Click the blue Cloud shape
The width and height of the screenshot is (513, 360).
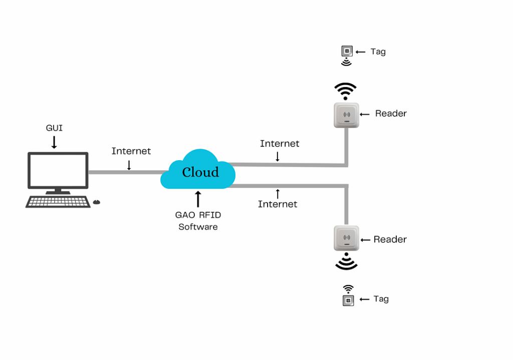pyautogui.click(x=198, y=170)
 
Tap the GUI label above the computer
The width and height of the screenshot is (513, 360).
pyautogui.click(x=54, y=128)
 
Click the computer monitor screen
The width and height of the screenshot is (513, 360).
pyautogui.click(x=58, y=170)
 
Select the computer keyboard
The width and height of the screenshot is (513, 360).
pyautogui.click(x=58, y=202)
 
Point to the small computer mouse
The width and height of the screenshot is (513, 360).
pyautogui.click(x=97, y=202)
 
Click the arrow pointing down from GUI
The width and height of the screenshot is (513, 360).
pyautogui.click(x=54, y=142)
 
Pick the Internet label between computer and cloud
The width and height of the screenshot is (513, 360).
pyautogui.click(x=131, y=151)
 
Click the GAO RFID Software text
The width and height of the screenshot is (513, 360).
pyautogui.click(x=198, y=221)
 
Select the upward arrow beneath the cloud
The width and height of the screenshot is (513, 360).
pyautogui.click(x=198, y=199)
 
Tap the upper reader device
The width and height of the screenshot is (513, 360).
pyautogui.click(x=346, y=115)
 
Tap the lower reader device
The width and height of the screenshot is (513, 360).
pyautogui.click(x=346, y=238)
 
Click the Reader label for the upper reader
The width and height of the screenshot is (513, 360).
pyautogui.click(x=391, y=114)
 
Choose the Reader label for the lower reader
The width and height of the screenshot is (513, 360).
pyautogui.click(x=390, y=239)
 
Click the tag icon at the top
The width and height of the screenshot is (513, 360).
pyautogui.click(x=346, y=51)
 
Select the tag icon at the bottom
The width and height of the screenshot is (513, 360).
pyautogui.click(x=348, y=300)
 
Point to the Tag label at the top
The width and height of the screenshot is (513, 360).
pyautogui.click(x=378, y=52)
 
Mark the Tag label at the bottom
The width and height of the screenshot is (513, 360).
pyautogui.click(x=381, y=299)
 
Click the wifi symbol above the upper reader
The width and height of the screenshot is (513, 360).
pyautogui.click(x=346, y=91)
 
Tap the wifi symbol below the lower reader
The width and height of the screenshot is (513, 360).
pyautogui.click(x=346, y=262)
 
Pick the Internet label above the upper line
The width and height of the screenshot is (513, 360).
pyautogui.click(x=280, y=144)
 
